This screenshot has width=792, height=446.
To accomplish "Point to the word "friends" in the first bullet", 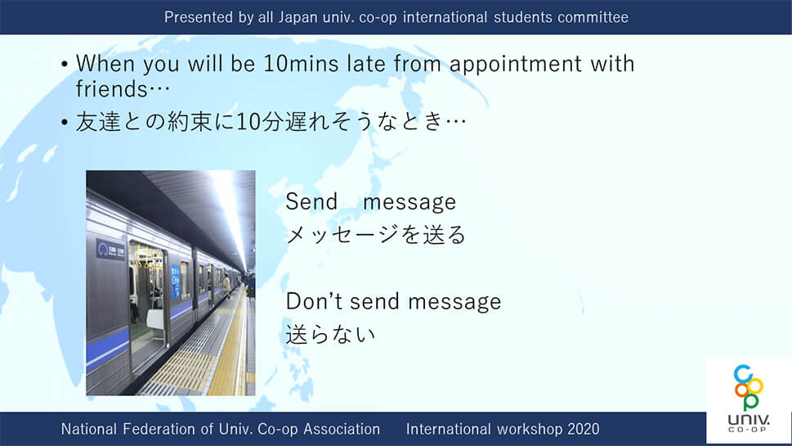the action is pyautogui.click(x=111, y=89).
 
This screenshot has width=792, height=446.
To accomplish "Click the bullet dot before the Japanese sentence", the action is pyautogui.click(x=64, y=122).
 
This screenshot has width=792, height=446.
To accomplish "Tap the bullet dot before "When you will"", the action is pyautogui.click(x=64, y=64).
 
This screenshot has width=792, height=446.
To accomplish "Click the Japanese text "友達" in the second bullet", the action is pyautogui.click(x=98, y=122).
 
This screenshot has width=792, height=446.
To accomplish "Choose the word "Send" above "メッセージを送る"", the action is pyautogui.click(x=311, y=202).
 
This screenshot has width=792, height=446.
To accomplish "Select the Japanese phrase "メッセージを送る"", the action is pyautogui.click(x=376, y=235).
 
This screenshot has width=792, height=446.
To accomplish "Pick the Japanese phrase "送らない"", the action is pyautogui.click(x=331, y=334).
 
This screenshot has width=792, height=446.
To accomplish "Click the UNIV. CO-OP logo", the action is pyautogui.click(x=749, y=399).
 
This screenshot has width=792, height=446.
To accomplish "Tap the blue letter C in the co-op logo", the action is pyautogui.click(x=743, y=374).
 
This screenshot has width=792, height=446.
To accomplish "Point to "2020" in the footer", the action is pyautogui.click(x=584, y=429).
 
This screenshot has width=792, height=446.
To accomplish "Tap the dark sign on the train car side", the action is pyautogui.click(x=110, y=250).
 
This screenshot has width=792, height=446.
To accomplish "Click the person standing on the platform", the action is pyautogui.click(x=226, y=286).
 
